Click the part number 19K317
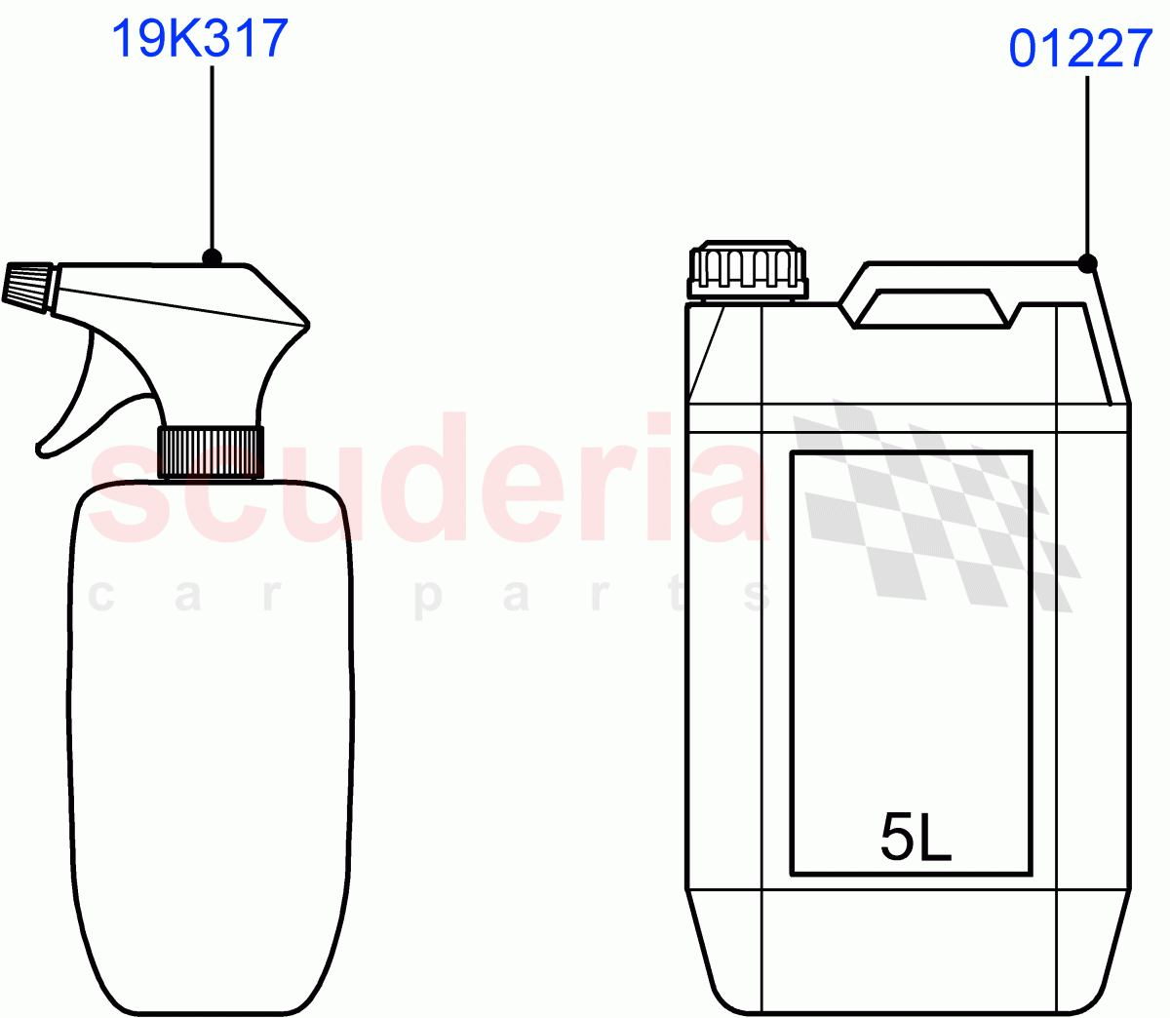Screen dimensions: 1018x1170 coord(200,39)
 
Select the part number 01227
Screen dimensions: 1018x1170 coord(1080,49)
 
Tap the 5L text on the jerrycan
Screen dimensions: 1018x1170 coord(916,838)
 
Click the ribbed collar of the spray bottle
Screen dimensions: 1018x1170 coord(211,451)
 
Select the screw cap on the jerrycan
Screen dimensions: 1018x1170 coord(748,269)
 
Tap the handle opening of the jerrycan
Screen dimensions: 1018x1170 coord(931,308)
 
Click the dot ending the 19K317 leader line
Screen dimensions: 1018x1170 coord(212,258)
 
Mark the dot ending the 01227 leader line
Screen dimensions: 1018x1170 coord(1088,263)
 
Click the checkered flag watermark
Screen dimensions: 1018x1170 coord(936,507)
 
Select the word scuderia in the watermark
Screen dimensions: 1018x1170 coord(429,483)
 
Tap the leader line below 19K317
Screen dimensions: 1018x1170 coord(212,156)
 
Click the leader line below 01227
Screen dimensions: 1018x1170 coord(1087,166)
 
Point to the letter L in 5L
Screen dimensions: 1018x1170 coord(935,838)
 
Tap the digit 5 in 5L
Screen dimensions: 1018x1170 coord(897,838)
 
